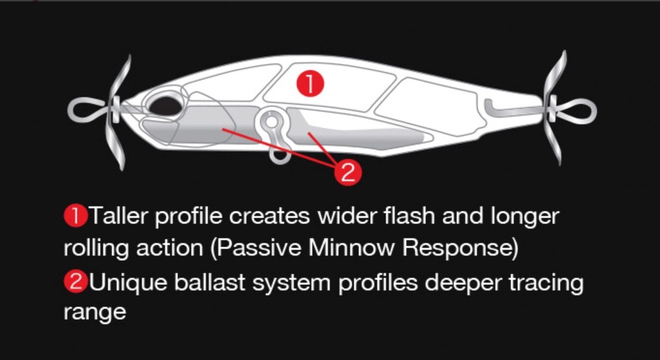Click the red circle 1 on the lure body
point(310,84)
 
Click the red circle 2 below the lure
point(348,173)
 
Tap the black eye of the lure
point(166,106)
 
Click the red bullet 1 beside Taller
point(75,217)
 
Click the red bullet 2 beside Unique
point(75,282)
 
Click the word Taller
point(119,216)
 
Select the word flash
point(410,215)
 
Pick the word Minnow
point(351,248)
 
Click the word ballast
point(210,281)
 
